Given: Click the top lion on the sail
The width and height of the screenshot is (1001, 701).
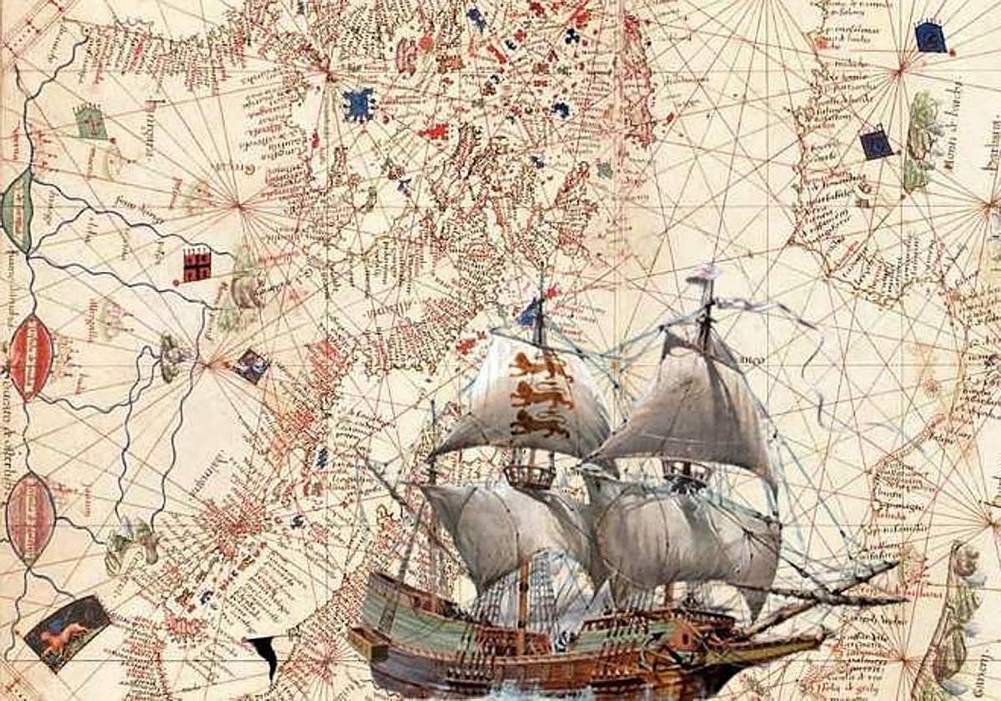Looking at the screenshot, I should pyautogui.click(x=535, y=364).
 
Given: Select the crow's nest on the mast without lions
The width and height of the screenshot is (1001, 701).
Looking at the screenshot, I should pyautogui.click(x=687, y=472).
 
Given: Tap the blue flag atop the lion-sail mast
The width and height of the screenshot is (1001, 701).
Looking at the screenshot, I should pyautogui.click(x=530, y=312).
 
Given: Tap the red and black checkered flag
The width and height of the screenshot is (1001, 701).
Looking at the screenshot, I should pyautogui.click(x=197, y=265).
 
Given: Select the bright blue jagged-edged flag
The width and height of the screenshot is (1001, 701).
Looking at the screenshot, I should pyautogui.click(x=359, y=103).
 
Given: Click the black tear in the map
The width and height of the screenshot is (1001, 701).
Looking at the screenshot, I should pyautogui.click(x=264, y=655).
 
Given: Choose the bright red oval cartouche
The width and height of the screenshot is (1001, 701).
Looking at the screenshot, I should pyautogui.click(x=31, y=357).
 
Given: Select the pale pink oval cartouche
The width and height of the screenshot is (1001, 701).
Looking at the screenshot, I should pyautogui.click(x=31, y=517).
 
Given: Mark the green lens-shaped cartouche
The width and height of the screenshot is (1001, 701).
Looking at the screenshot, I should pyautogui.click(x=18, y=210).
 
